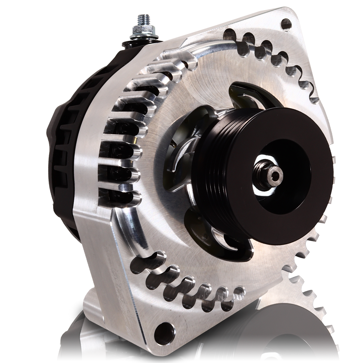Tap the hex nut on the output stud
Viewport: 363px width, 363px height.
(x=141, y=29)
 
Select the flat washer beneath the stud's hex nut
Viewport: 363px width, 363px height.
(x=141, y=35)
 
